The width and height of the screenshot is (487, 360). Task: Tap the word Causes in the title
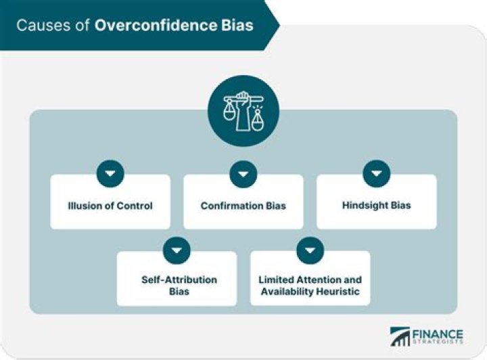[42, 26]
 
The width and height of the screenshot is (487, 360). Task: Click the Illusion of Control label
[110, 206]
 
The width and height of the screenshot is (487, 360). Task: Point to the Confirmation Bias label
[243, 206]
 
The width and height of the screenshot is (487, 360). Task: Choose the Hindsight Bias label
[376, 206]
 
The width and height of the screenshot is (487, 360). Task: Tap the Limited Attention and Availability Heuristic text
[310, 286]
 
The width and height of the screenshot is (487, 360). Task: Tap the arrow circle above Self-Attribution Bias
[177, 251]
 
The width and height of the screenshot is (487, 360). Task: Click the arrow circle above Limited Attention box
[310, 251]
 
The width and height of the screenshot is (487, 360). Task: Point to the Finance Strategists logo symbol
[400, 337]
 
